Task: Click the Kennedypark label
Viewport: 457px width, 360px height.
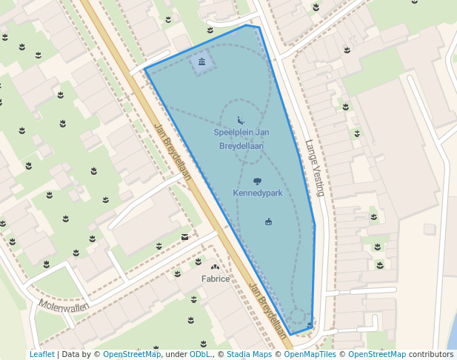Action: [257, 193]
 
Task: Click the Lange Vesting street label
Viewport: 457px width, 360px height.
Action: [315, 168]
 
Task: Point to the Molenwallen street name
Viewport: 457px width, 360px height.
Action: [64, 306]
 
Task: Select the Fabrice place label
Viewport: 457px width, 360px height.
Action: [216, 279]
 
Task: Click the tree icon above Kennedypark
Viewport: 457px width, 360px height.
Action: [257, 181]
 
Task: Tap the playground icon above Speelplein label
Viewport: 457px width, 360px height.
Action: [241, 120]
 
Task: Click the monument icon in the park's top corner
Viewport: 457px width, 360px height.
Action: [201, 61]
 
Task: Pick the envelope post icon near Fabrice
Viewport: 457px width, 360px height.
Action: [184, 237]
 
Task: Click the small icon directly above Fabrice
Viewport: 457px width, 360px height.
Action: [216, 267]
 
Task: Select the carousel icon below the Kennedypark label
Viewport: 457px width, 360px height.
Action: [268, 221]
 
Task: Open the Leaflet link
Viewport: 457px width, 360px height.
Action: [42, 354]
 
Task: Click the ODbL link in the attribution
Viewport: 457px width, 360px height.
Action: [200, 354]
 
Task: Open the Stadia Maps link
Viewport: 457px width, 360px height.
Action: [248, 354]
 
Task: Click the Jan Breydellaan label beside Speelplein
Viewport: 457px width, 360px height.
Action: [173, 151]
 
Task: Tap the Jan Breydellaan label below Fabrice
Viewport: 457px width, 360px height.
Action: [267, 311]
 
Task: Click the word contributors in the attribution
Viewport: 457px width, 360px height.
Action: [430, 354]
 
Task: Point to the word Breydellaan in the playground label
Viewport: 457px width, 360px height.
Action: [241, 146]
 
